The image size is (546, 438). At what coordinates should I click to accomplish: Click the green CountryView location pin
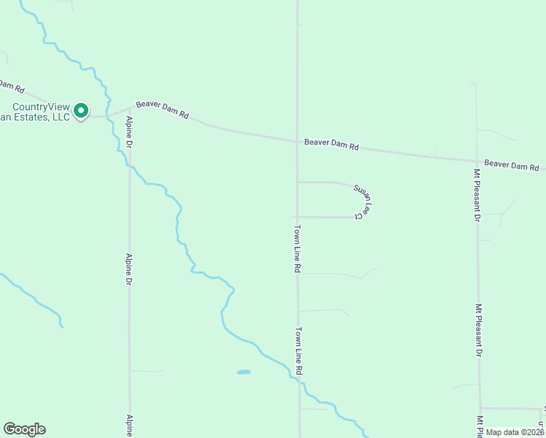[x=81, y=111]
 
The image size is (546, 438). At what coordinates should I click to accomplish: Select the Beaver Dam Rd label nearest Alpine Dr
[x=162, y=110]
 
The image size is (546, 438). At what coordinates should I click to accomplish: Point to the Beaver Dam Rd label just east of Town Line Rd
[x=331, y=146]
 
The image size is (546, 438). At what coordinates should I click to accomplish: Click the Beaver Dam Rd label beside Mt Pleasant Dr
[x=510, y=166]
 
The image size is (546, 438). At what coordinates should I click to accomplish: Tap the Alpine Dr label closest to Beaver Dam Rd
[x=128, y=133]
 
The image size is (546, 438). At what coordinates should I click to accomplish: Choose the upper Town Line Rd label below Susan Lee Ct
[x=298, y=248]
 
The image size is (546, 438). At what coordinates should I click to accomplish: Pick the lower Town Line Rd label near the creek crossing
[x=299, y=351]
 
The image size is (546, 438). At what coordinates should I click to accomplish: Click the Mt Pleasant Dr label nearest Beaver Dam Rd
[x=477, y=195]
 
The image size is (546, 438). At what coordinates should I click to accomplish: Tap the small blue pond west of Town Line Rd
[x=244, y=372]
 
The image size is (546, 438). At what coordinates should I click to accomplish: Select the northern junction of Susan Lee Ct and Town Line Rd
[x=297, y=182]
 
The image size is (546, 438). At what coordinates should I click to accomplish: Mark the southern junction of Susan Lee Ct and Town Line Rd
[x=297, y=217]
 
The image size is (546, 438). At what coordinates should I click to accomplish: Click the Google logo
[x=24, y=429]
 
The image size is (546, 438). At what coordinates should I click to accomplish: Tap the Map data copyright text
[x=515, y=432]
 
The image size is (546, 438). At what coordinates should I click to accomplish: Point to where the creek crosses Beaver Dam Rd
[x=109, y=114]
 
